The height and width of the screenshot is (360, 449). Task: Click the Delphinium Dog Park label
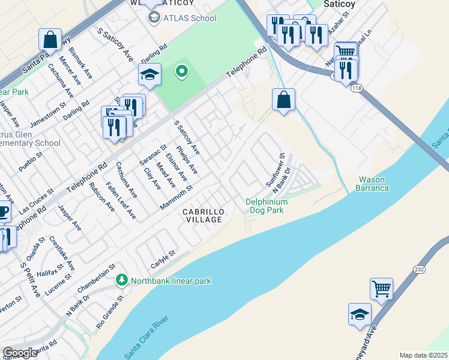(267, 206)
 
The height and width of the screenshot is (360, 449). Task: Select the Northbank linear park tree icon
(122, 280)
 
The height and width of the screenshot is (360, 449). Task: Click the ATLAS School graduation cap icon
(154, 18)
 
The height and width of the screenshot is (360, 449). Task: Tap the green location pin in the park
(181, 73)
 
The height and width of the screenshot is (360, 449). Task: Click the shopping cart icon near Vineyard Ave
(381, 289)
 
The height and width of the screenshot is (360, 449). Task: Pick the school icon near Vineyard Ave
(360, 314)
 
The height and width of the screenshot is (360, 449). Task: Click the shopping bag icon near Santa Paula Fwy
(50, 40)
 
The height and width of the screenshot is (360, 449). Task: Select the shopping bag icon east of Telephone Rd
(283, 99)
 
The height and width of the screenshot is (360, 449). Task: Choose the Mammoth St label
(176, 197)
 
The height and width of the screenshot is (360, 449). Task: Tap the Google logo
(20, 353)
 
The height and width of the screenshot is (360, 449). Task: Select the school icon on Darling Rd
(149, 74)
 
